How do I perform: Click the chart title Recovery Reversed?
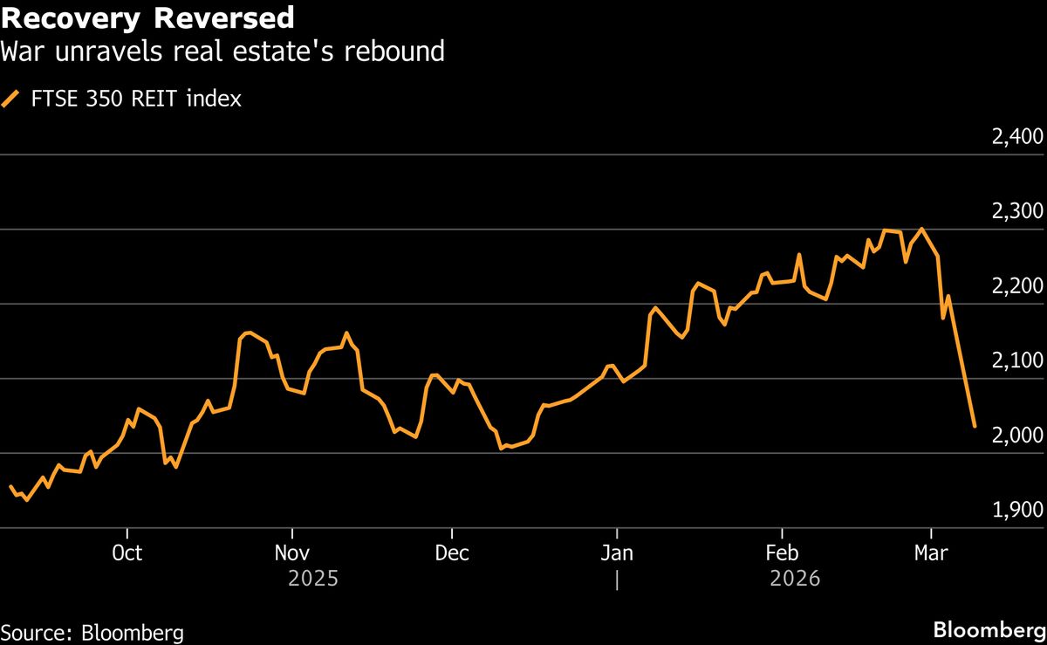point(147,17)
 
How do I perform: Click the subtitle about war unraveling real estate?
point(222,51)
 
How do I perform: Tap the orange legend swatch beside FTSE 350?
point(11,99)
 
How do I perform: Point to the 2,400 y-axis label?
point(1017,137)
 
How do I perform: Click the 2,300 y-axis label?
point(1017,212)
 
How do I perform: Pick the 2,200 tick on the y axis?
point(1017,287)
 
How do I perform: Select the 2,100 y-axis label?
point(1017,361)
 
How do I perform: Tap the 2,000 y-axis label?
point(1017,436)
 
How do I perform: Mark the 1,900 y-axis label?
point(1017,511)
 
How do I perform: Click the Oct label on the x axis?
point(127,553)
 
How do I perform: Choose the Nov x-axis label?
point(291,553)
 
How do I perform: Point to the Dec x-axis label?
point(452,553)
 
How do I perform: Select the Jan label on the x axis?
point(617,553)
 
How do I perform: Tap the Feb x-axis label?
point(782,553)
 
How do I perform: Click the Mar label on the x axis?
point(931,553)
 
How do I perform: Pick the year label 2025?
point(312,579)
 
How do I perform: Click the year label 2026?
point(795,579)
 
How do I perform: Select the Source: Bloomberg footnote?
point(92,632)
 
